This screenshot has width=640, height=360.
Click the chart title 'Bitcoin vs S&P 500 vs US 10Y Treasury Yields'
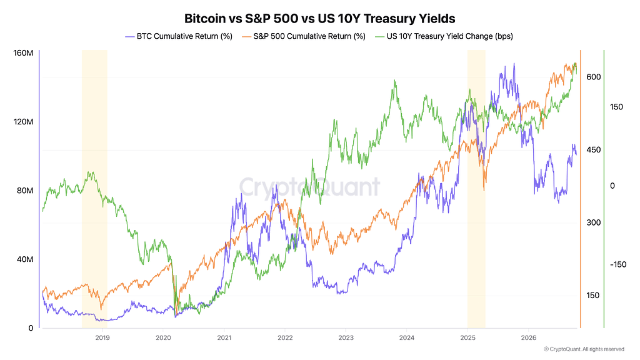point(319,18)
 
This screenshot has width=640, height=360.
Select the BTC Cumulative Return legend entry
point(179,36)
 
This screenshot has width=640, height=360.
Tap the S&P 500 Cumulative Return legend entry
point(304,36)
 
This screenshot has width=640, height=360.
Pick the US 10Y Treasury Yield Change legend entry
point(444,36)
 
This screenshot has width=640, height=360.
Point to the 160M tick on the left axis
point(23,53)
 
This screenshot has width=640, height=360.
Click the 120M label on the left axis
point(23,122)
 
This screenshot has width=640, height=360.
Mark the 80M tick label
point(25,191)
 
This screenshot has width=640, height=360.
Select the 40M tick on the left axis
point(25,259)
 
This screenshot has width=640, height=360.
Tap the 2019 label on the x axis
point(102,337)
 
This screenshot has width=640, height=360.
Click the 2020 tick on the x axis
point(163,337)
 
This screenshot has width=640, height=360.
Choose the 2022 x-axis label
point(285,337)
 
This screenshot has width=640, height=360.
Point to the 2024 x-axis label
point(406,337)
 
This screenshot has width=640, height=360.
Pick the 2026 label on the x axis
point(529,337)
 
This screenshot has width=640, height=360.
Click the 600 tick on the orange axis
point(594,77)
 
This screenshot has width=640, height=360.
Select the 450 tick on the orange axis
point(594,150)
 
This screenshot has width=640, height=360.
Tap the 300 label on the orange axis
point(594,222)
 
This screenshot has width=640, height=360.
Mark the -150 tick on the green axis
point(618,264)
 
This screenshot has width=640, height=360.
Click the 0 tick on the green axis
point(612,186)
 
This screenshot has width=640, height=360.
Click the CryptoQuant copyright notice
point(584,349)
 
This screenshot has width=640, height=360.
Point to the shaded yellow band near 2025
point(476,189)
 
